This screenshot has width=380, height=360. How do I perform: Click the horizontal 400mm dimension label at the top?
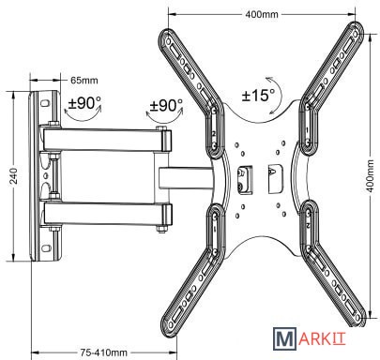tap(262, 14)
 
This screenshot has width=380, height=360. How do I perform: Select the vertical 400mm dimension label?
tap(370, 176)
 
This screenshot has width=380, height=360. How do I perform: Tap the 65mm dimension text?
tap(84, 81)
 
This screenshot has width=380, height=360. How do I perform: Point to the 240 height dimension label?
tap(14, 175)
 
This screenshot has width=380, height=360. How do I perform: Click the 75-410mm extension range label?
tap(104, 352)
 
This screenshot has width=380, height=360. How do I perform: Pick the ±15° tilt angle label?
tap(258, 95)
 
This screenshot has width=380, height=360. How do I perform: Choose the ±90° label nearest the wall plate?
tap(84, 102)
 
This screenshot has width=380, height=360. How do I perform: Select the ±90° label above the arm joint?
tap(166, 105)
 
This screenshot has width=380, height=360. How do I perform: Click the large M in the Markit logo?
tap(284, 338)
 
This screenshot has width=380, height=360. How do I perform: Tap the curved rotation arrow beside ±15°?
tap(279, 94)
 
